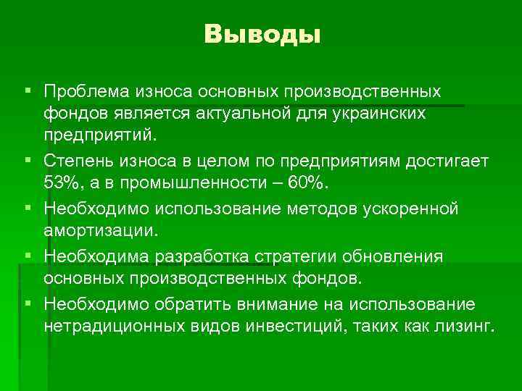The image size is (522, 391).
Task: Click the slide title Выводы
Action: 262,34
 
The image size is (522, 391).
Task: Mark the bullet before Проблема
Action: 28,92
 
